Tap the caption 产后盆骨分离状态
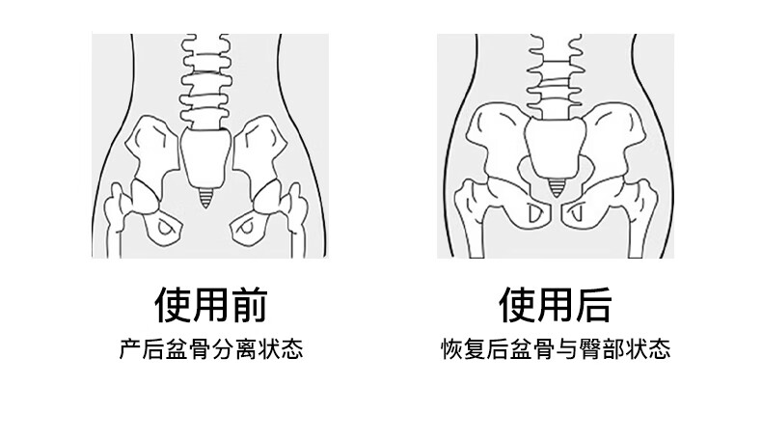click(210, 348)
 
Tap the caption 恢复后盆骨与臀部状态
click(555, 348)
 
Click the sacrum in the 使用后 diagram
click(553, 150)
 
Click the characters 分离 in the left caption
click(233, 348)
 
